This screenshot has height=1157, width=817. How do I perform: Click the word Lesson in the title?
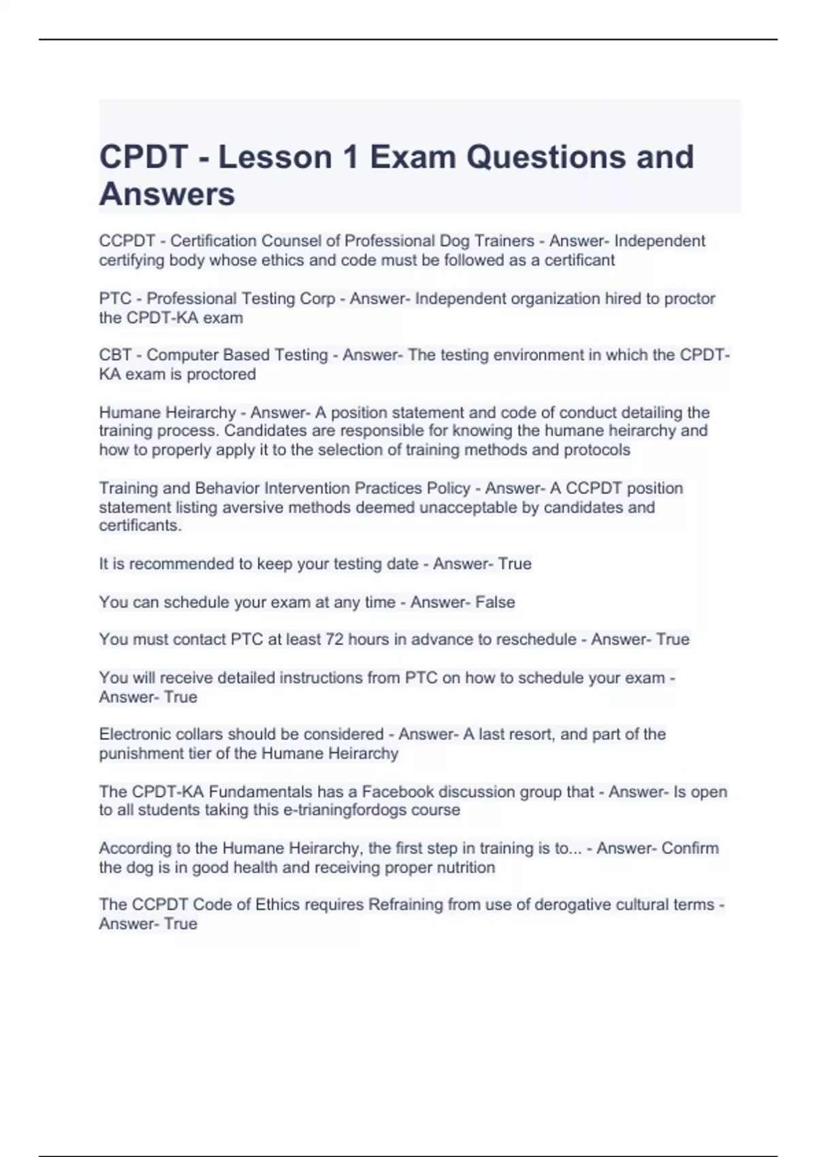click(275, 157)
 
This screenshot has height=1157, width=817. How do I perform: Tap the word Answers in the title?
click(167, 194)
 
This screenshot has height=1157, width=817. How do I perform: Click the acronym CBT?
click(115, 355)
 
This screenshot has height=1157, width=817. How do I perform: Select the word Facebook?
click(398, 792)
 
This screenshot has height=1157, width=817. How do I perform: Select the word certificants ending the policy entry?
click(140, 526)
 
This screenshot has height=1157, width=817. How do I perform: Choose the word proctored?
click(221, 374)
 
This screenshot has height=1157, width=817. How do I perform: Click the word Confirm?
click(690, 849)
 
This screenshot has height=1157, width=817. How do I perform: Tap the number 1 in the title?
click(350, 157)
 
